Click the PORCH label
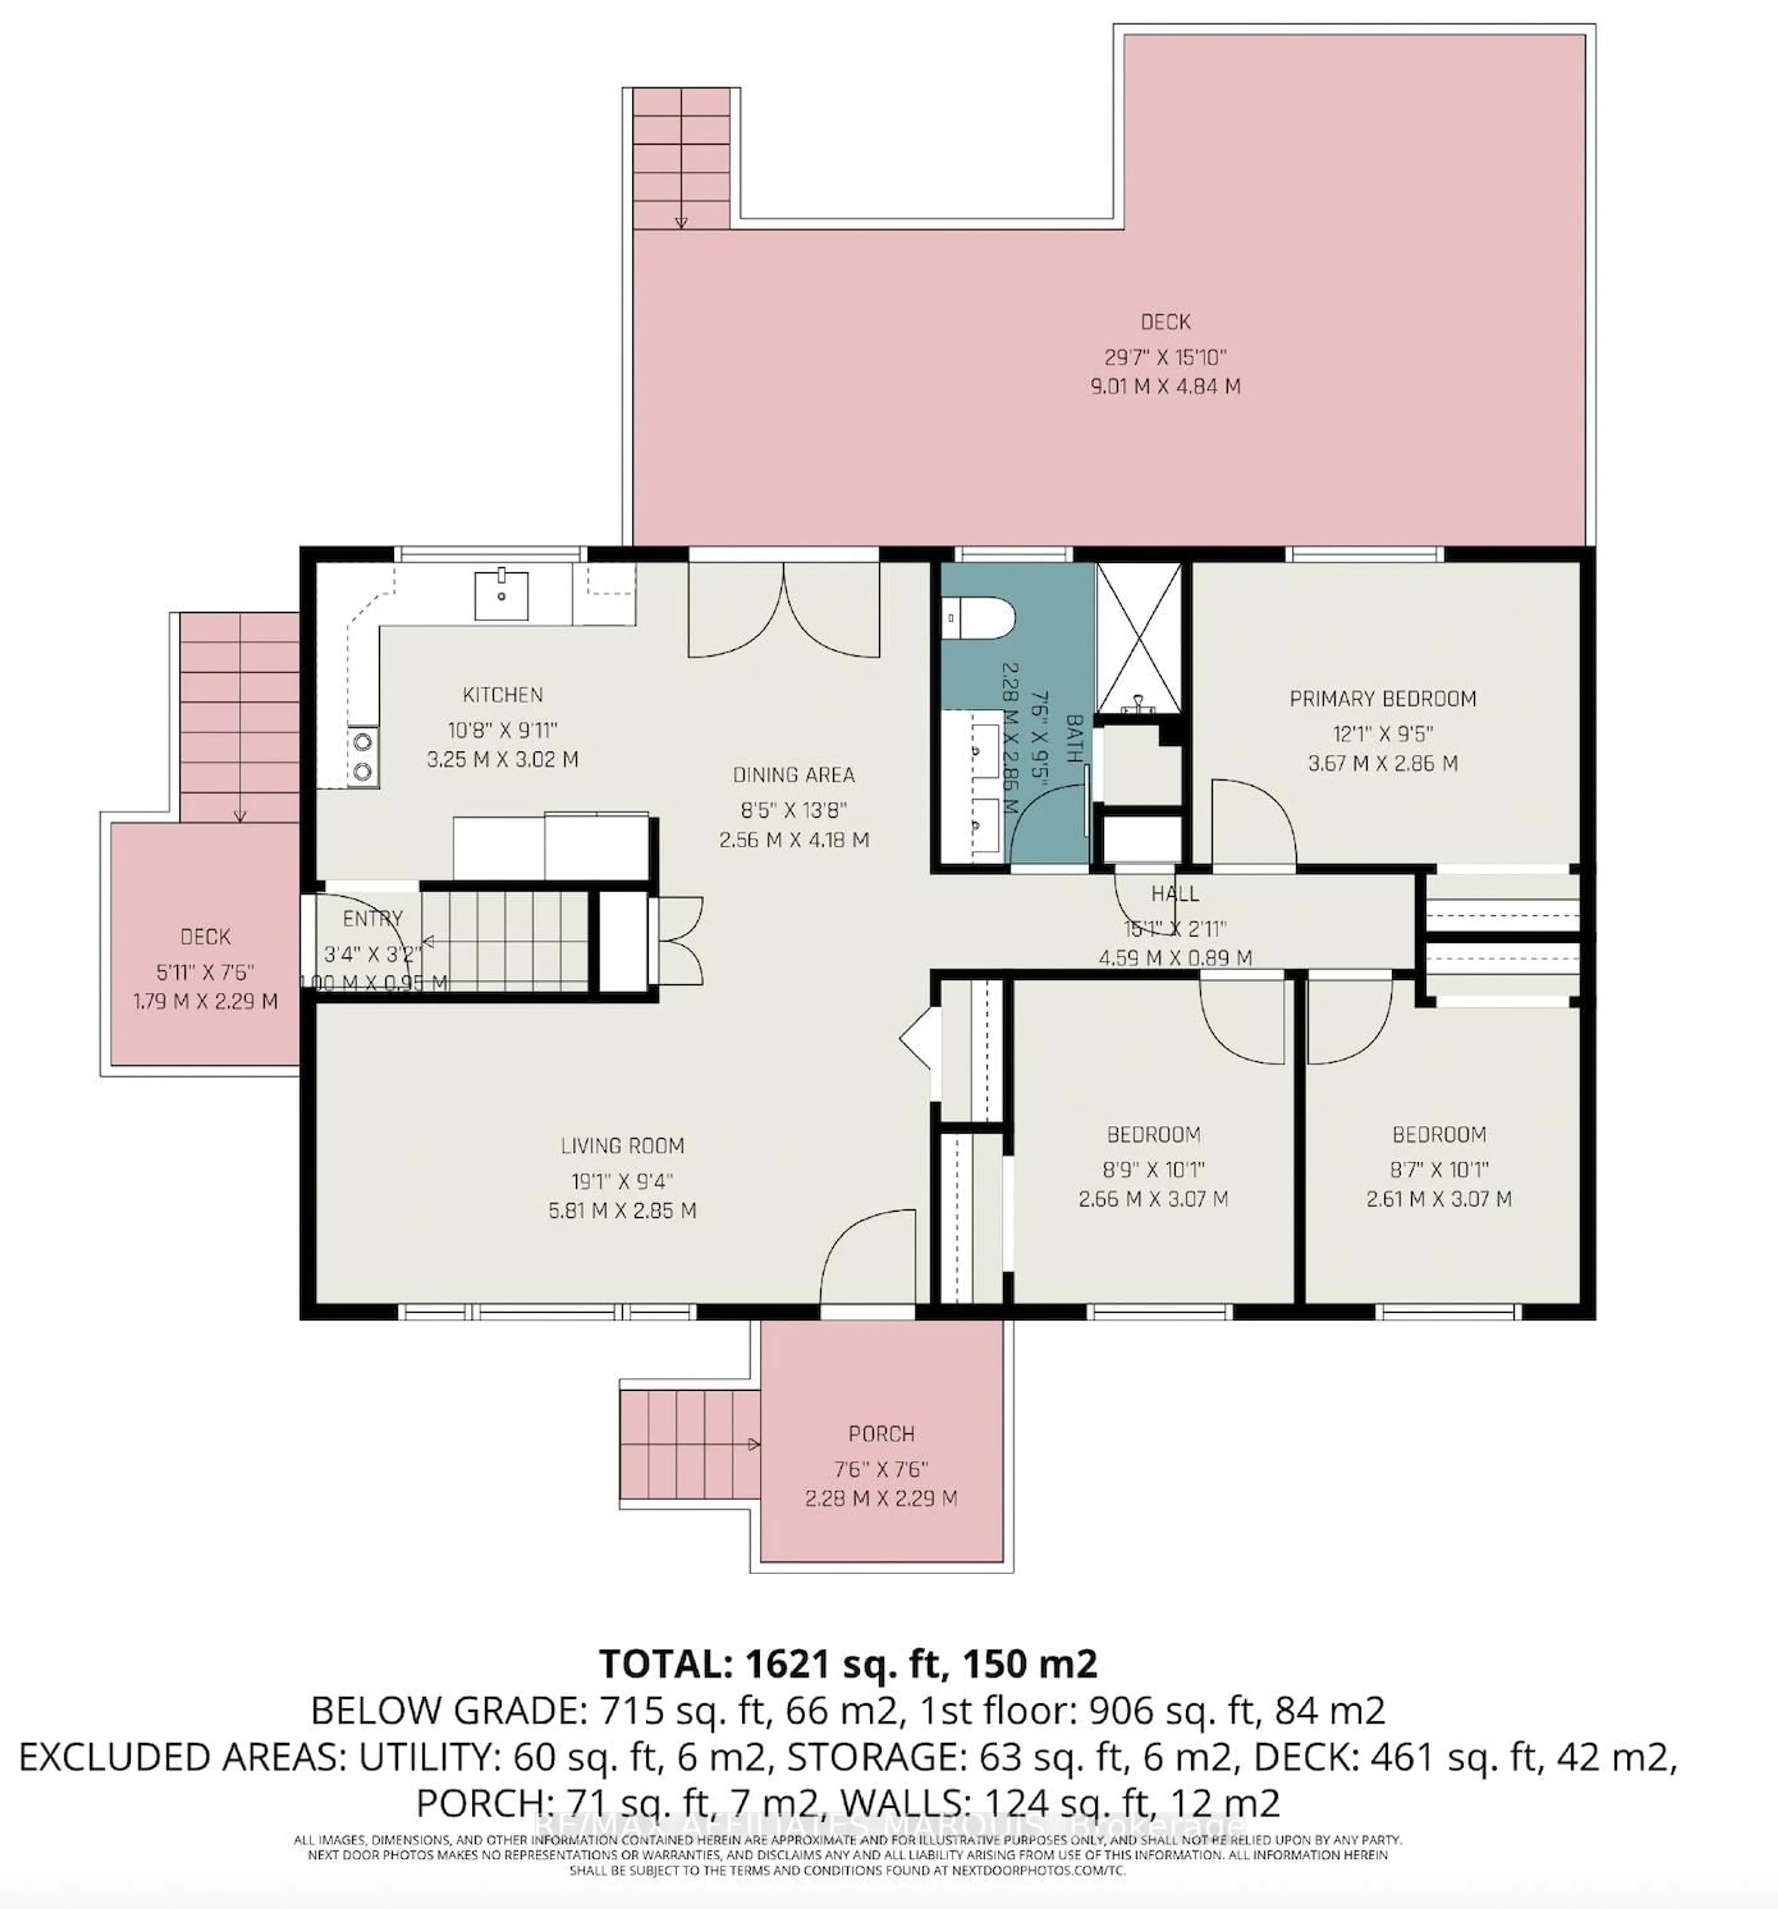pyautogui.click(x=880, y=1434)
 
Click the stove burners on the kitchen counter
pyautogui.click(x=363, y=755)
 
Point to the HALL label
pyautogui.click(x=1174, y=893)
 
